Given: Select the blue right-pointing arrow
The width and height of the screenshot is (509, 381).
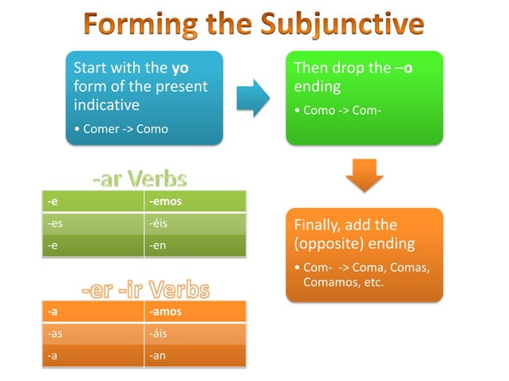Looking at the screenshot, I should [x=253, y=97].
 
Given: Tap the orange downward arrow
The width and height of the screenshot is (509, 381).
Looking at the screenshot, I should [x=364, y=175].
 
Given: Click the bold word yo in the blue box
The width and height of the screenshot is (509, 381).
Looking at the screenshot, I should [x=180, y=68].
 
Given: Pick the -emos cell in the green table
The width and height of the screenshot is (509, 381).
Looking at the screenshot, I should [x=165, y=202].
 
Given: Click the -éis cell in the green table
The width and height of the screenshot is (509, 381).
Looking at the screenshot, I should [x=158, y=224].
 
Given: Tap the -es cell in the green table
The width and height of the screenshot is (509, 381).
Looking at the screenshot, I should [x=56, y=224].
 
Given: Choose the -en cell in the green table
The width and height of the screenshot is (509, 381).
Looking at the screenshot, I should [x=158, y=246].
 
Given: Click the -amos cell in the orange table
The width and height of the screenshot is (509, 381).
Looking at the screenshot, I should [x=166, y=312].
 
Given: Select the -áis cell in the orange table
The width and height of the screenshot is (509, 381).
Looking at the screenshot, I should [x=158, y=334].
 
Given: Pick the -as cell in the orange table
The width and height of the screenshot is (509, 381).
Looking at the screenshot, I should [x=56, y=334].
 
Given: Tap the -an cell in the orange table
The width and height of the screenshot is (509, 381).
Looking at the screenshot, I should [x=158, y=355].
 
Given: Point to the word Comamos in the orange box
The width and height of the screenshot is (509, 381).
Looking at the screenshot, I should [x=329, y=282].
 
